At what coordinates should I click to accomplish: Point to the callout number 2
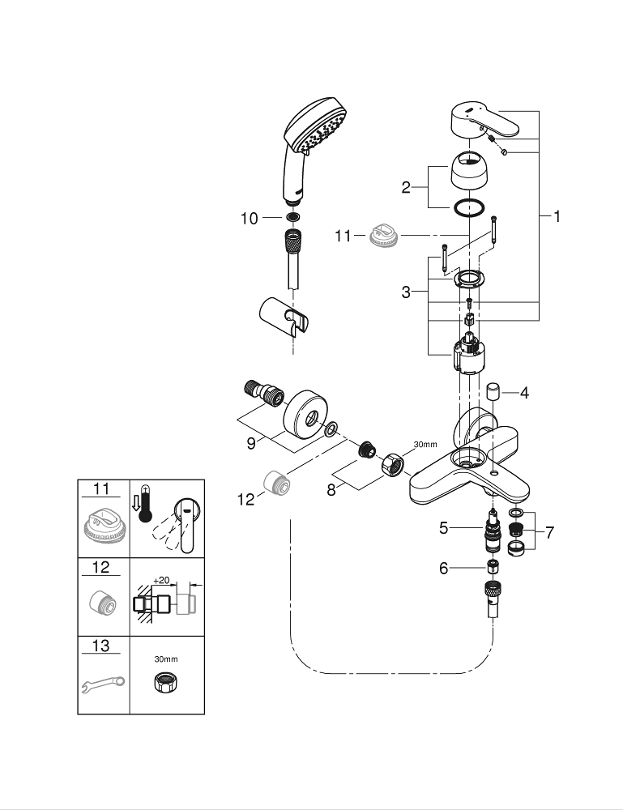(x=408, y=188)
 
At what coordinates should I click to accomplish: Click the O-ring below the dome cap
(x=470, y=208)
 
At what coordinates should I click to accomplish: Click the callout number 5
(x=443, y=527)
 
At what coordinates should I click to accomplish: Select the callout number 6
(x=443, y=569)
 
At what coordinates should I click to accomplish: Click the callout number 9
(x=251, y=443)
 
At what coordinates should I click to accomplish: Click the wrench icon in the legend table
(x=101, y=684)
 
